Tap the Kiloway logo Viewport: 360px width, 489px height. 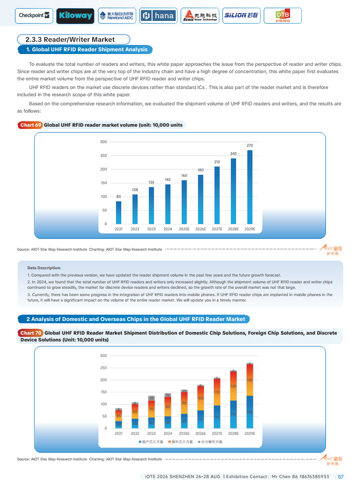[75, 15]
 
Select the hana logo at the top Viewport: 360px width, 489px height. [158, 15]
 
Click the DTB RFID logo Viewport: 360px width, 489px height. [282, 16]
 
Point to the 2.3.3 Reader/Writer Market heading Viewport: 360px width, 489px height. [73, 40]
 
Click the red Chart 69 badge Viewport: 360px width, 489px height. [31, 125]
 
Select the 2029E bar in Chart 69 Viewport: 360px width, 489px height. [250, 187]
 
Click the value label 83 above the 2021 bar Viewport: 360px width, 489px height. [118, 197]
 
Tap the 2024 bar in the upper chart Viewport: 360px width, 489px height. [168, 204]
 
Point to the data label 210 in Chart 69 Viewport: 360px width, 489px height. [217, 162]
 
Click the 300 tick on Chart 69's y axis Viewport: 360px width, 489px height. [104, 142]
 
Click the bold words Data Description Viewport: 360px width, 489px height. [44, 268]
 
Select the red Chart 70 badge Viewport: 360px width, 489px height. [31, 333]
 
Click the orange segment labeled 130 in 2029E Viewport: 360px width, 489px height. [250, 380]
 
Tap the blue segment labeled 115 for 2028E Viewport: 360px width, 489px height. [233, 414]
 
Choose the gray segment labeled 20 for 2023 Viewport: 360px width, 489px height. [152, 398]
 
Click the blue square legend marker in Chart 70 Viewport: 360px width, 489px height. [140, 442]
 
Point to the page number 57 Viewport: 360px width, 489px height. [341, 477]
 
